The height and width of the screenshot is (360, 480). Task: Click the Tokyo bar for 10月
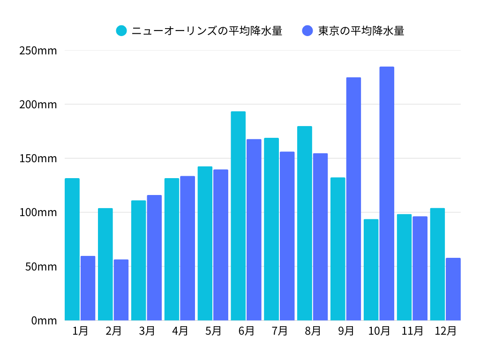387,193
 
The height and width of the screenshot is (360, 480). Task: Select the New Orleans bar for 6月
238,216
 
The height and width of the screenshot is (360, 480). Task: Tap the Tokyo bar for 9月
353,199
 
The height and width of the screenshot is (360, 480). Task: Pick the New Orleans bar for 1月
72,249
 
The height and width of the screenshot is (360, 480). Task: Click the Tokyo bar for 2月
121,290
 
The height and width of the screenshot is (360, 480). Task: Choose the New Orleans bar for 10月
371,270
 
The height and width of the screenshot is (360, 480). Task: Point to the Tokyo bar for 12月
453,289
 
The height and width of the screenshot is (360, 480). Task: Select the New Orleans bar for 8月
305,223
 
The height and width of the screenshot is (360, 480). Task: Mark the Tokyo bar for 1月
88,288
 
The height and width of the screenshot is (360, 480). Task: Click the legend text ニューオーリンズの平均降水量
207,31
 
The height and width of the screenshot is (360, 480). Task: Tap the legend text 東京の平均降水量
361,31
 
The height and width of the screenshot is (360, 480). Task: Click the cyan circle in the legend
121,31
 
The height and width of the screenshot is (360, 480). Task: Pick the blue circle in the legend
307,31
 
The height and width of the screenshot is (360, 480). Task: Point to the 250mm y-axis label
38,51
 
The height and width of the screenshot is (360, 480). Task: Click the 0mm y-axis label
44,321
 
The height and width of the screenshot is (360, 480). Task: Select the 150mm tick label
38,158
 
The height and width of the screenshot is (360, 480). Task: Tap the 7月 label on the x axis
279,331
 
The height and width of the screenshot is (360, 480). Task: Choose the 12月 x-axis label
445,331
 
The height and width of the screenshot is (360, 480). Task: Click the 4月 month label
180,331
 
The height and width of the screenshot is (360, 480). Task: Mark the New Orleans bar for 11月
404,267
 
